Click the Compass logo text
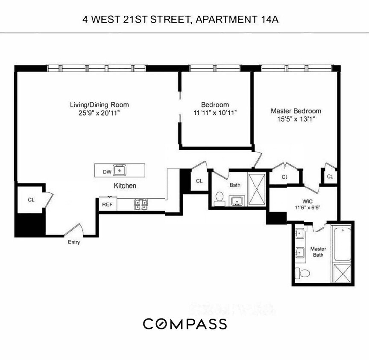[184, 324]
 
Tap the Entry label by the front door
[73, 242]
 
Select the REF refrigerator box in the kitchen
[106, 204]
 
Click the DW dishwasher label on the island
[107, 171]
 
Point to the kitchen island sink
[120, 170]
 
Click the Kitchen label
[125, 186]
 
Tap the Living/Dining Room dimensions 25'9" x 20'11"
[99, 113]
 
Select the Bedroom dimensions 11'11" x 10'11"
[215, 113]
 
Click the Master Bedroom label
[296, 111]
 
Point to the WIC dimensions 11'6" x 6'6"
[307, 208]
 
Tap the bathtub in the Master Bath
[342, 244]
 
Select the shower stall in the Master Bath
[342, 273]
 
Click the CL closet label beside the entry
[31, 200]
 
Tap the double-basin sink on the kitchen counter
[141, 204]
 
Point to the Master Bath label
[318, 252]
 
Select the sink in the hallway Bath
[236, 201]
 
